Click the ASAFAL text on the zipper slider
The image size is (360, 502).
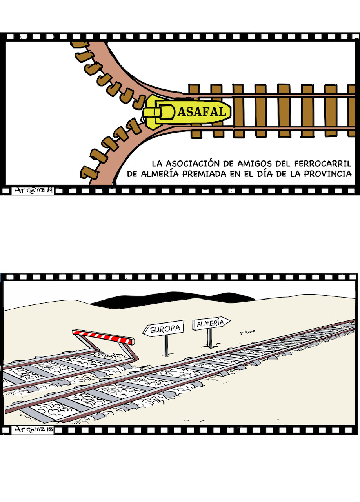(x=202, y=112)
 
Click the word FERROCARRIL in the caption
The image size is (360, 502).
(x=323, y=164)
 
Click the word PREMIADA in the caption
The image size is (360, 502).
(x=204, y=174)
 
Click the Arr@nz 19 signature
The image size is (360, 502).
(x=33, y=191)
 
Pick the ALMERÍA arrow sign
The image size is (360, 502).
(x=211, y=323)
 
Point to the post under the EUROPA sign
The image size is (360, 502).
(x=165, y=345)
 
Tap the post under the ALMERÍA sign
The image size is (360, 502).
(x=210, y=338)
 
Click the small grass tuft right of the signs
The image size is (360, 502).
(x=247, y=332)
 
